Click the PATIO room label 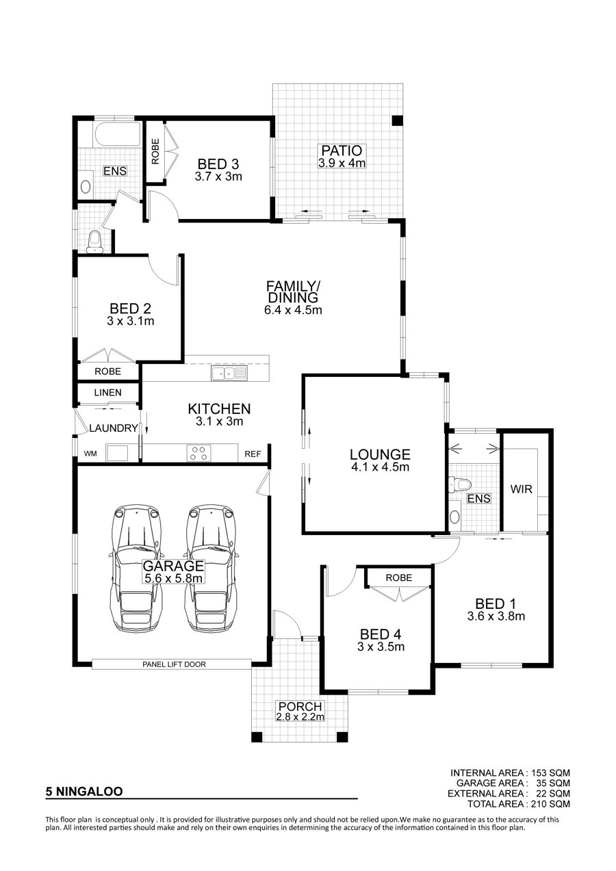(x=342, y=151)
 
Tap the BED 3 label (x=218, y=164)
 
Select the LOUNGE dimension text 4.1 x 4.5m (x=380, y=467)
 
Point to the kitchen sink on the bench (x=229, y=374)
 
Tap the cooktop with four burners (x=198, y=453)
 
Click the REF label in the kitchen (x=253, y=454)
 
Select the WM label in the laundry (x=90, y=454)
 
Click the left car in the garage (x=136, y=569)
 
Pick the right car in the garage (x=211, y=569)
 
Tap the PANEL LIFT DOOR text (x=174, y=664)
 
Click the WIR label (x=521, y=489)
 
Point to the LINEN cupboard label (x=107, y=393)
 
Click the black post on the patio (x=397, y=120)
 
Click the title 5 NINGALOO (x=84, y=791)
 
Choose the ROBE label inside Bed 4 (x=398, y=577)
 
